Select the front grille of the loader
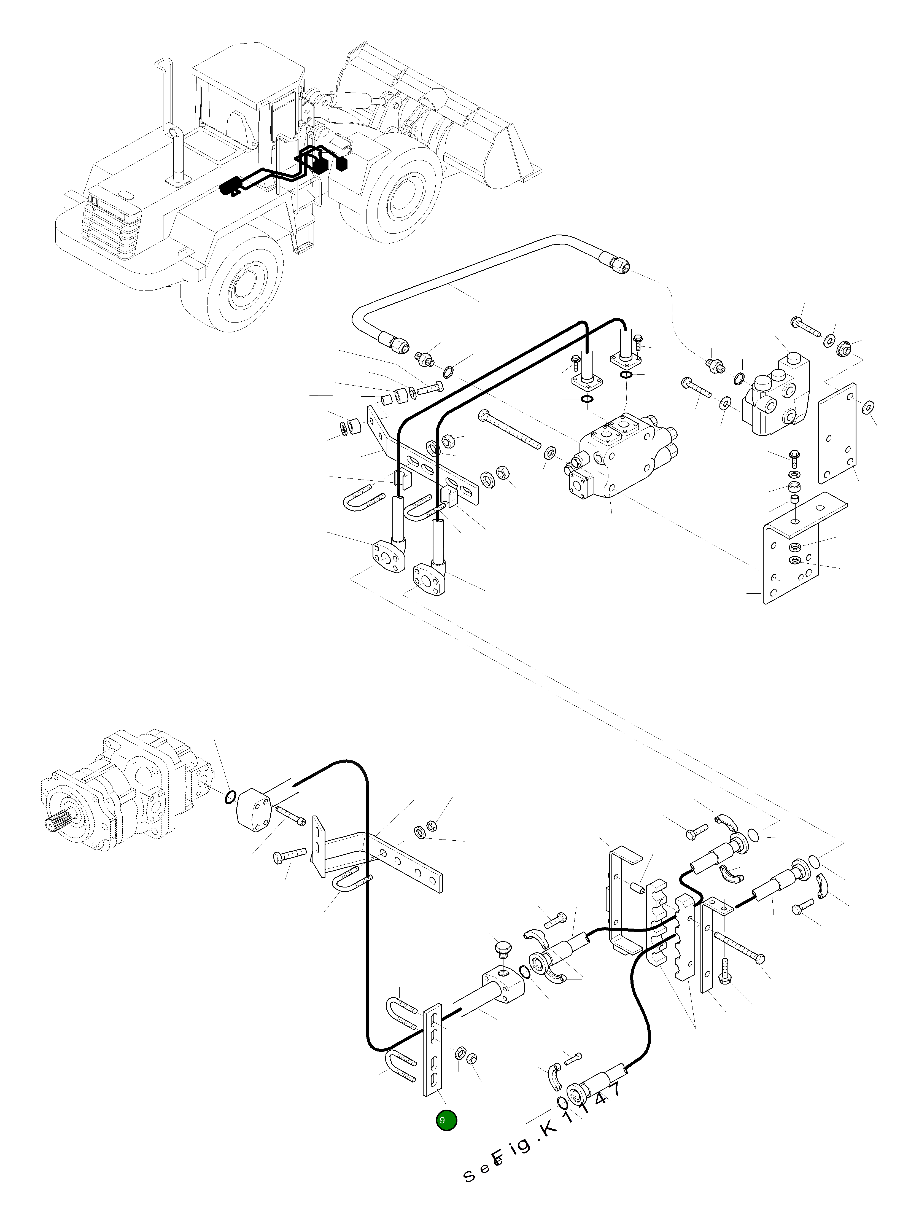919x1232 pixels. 111,223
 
